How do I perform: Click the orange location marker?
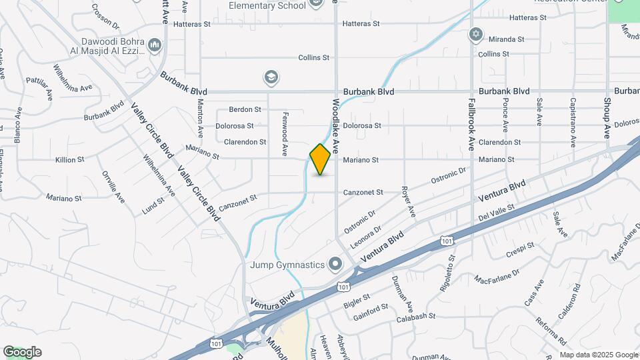(321, 159)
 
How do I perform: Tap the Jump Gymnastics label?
(287, 265)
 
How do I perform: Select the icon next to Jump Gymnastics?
(335, 265)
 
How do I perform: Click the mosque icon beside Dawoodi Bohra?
(155, 45)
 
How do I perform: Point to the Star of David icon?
(475, 33)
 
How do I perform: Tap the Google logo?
(22, 352)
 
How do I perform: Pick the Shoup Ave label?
(607, 117)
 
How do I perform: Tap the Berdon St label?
(245, 109)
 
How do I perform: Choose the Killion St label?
(69, 160)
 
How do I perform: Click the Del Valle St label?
(497, 214)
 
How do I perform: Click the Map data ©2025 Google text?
(599, 355)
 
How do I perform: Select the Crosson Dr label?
(105, 16)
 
